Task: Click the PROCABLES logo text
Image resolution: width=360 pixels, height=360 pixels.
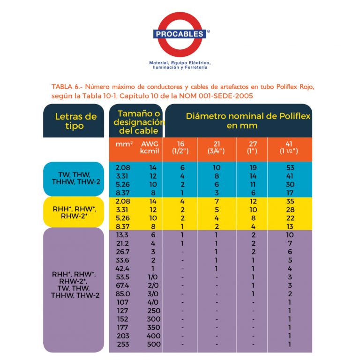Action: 180,34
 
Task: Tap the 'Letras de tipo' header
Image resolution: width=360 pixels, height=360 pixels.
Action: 75,121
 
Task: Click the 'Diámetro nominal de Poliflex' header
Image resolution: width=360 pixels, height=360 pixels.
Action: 248,121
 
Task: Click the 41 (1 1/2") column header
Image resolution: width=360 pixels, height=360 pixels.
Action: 290,147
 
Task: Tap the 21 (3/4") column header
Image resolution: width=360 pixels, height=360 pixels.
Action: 216,147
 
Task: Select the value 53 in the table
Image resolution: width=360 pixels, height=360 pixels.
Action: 290,167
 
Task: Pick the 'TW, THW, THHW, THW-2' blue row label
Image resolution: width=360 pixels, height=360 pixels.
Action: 75,178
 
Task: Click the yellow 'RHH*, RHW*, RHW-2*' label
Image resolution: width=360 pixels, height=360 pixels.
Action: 75,212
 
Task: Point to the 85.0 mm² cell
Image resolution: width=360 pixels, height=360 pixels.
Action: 124,294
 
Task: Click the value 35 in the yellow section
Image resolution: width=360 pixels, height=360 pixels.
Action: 290,201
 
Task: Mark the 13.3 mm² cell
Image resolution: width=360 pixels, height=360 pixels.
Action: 124,235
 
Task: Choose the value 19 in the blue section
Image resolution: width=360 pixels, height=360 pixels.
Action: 253,167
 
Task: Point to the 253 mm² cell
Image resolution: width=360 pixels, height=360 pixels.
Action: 124,345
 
